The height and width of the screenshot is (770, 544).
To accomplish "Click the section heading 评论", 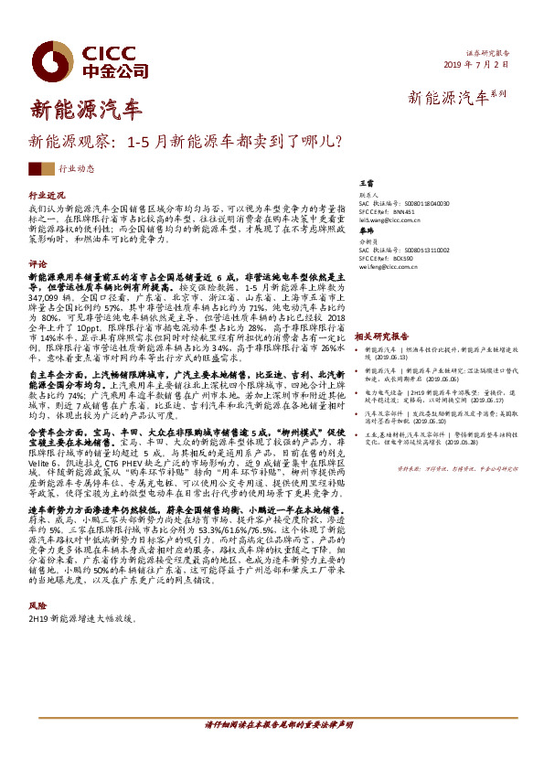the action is [x=37, y=262].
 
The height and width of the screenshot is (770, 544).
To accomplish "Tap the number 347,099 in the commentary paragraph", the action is [x=49, y=298].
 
